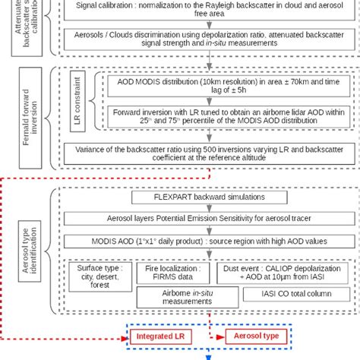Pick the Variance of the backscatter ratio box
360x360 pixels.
click(201, 154)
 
